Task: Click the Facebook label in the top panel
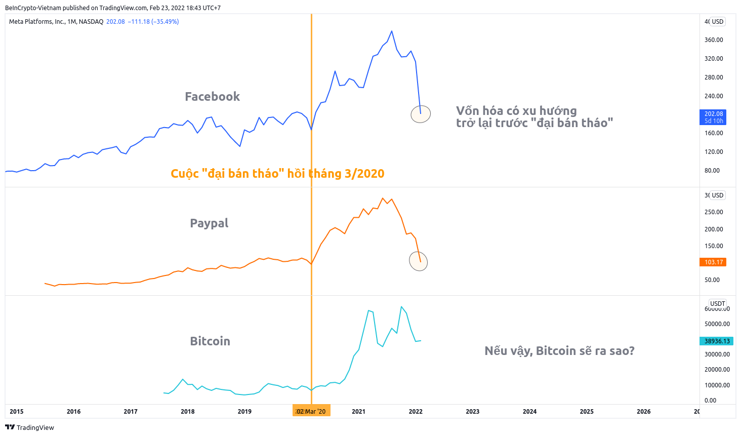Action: pos(212,97)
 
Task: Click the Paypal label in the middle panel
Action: pos(209,223)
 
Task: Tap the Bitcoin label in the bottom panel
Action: pos(210,341)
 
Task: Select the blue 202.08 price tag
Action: pos(714,117)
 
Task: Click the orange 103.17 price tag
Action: pos(714,262)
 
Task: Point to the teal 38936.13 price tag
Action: pos(717,341)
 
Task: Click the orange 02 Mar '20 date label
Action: pos(311,411)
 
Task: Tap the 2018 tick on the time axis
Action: pos(187,412)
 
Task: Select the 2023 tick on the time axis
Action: pos(472,412)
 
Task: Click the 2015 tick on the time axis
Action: pos(16,412)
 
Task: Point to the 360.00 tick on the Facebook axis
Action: pos(714,40)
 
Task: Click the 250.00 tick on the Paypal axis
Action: pos(714,212)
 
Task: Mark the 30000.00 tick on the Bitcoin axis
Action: pos(717,354)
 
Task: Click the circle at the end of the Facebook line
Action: pos(421,114)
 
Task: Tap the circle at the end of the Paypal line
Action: pos(419,261)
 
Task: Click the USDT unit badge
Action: pos(718,304)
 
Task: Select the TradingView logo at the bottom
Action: pos(29,427)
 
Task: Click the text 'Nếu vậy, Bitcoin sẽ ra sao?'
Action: pos(559,351)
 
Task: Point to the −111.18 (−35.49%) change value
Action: pos(153,22)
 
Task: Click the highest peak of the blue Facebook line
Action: pos(391,31)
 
